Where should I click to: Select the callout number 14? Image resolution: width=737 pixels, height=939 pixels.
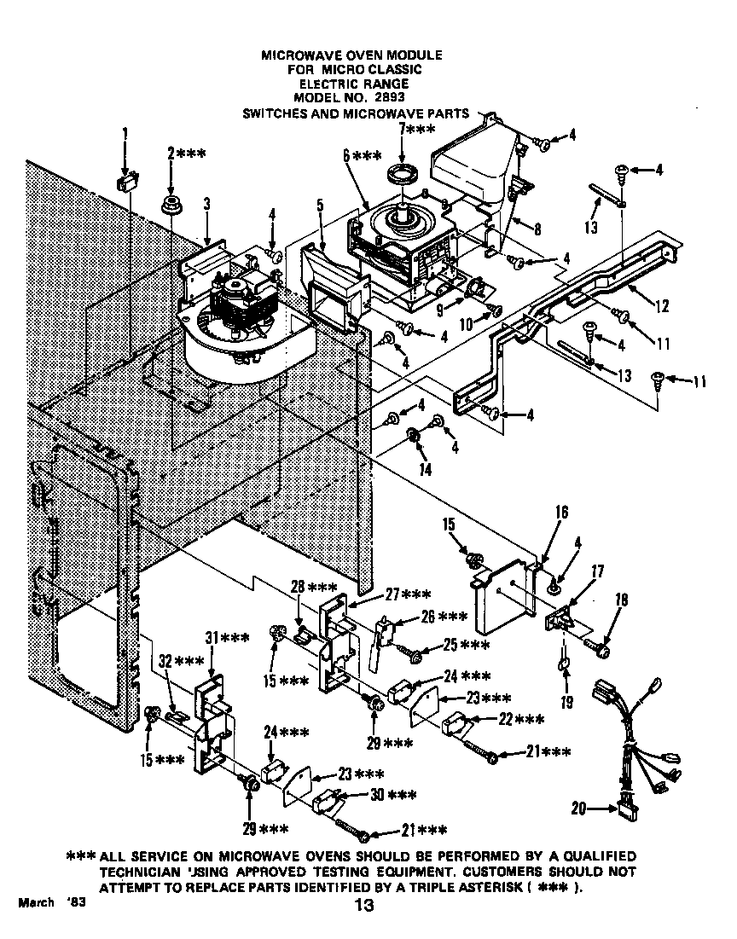point(424,468)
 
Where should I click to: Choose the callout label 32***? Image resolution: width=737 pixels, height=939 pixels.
point(178,661)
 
